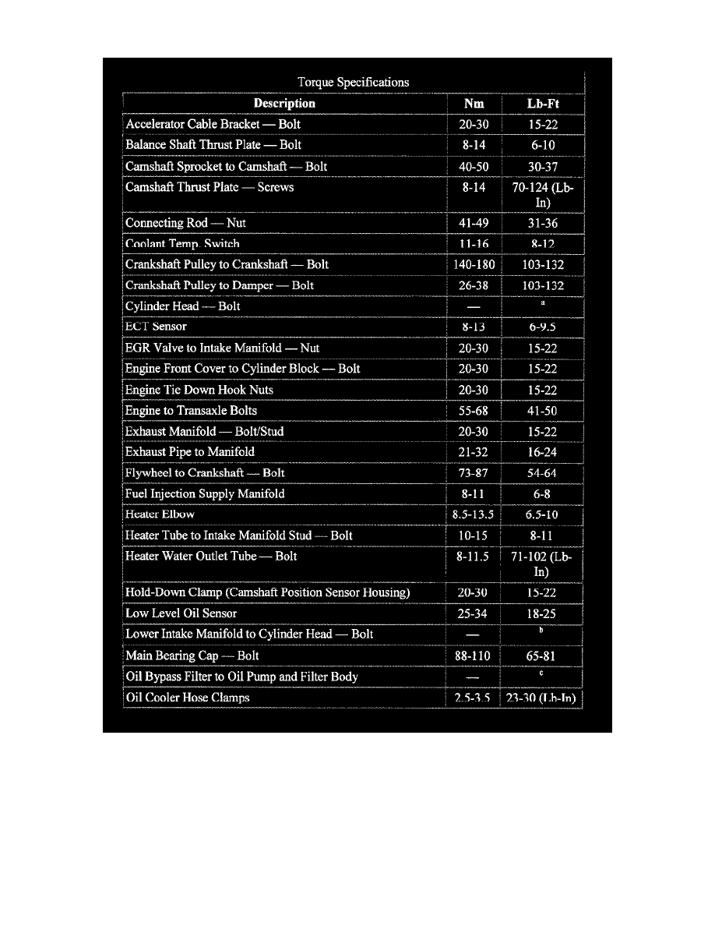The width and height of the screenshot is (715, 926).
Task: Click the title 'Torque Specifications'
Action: coord(353,82)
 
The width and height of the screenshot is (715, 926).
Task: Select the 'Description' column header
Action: coord(284,103)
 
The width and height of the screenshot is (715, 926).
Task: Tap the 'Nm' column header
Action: coord(474,103)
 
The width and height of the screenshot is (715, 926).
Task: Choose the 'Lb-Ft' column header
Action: coord(543,103)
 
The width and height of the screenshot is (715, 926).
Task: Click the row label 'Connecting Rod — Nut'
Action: coord(185,223)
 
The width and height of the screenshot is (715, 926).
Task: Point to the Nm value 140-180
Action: coord(474,265)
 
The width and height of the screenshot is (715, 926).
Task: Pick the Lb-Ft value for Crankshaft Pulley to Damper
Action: coord(543,286)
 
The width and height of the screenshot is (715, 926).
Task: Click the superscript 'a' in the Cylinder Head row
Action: coord(542,302)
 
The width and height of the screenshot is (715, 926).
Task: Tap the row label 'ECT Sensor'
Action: coord(156,327)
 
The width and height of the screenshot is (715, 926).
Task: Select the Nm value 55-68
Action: coord(474,411)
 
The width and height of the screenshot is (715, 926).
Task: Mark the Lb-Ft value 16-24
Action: coord(542,453)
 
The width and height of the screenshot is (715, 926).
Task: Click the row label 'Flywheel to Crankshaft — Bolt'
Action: coord(205,473)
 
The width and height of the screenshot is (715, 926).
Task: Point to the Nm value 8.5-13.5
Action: coord(474,515)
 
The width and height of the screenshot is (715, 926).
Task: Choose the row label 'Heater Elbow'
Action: coord(160,514)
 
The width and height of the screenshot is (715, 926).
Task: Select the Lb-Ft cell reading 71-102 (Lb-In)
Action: coord(542,564)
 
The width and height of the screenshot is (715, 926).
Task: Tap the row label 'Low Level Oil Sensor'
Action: coord(181,613)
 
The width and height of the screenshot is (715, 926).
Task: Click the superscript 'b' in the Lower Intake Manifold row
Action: coord(542,630)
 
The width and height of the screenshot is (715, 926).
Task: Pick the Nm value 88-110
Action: coord(474,656)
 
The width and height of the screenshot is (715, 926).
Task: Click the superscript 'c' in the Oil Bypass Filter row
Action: coord(542,673)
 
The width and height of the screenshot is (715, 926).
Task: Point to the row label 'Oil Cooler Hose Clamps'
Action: coord(187,698)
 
